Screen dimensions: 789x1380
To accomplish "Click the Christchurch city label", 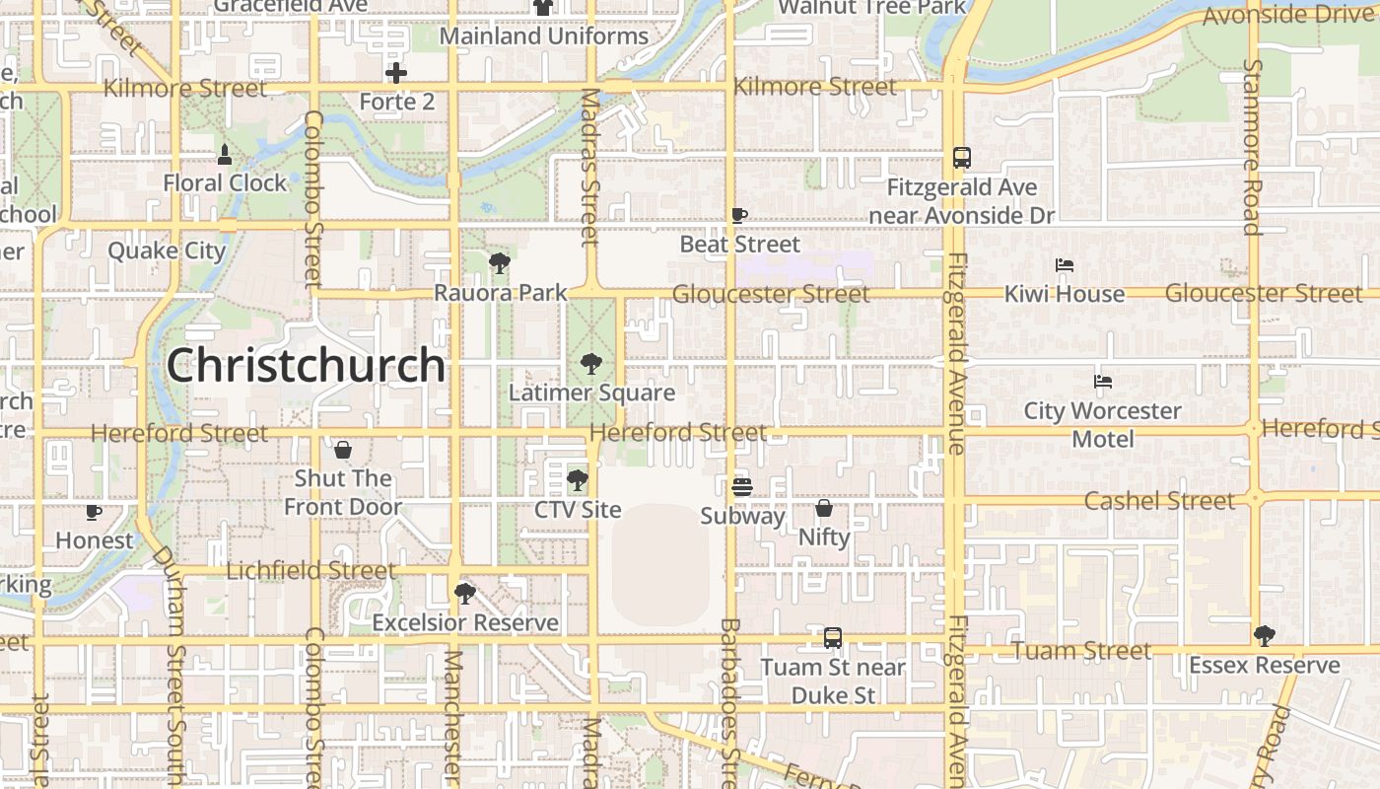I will (306, 365).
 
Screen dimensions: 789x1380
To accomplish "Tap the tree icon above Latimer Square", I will (590, 365).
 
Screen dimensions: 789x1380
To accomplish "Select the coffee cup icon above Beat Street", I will (739, 216).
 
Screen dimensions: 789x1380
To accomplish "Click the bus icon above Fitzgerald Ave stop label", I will (961, 158).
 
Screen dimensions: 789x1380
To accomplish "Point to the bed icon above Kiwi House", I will (1064, 265).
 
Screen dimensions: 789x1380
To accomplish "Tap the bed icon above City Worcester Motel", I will (1102, 382).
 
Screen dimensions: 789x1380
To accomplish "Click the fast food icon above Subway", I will (741, 487).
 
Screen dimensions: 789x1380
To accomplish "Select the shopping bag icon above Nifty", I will (823, 509).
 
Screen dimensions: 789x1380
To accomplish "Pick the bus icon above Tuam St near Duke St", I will (833, 638).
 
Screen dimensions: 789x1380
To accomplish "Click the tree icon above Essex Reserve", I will (1264, 636).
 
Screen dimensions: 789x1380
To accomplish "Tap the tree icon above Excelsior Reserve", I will (464, 594).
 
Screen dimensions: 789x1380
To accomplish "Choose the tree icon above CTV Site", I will (577, 481).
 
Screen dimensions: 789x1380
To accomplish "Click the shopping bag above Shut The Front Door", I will (342, 450).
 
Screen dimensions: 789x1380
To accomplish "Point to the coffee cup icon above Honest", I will (94, 512).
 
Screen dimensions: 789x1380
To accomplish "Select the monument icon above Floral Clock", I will (225, 154).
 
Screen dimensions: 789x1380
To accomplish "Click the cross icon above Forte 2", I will (395, 73).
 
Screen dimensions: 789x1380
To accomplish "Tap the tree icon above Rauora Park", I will (500, 263).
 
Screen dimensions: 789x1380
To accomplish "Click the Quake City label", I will (167, 251).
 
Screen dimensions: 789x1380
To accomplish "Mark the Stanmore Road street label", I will (1253, 148).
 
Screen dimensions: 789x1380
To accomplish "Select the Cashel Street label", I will (1158, 501).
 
